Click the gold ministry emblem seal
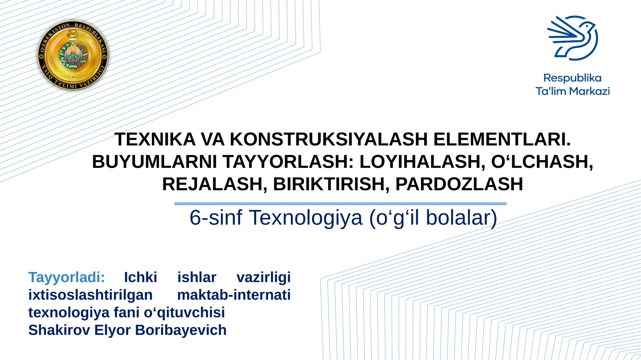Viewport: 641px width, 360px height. (x=73, y=55)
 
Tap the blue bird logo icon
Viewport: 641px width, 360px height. (x=573, y=38)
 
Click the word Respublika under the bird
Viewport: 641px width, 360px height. (x=572, y=78)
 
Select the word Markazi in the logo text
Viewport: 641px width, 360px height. (x=589, y=91)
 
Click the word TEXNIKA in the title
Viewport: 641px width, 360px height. (x=155, y=139)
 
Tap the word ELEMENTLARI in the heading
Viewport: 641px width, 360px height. (x=502, y=139)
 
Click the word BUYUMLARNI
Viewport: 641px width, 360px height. (x=154, y=162)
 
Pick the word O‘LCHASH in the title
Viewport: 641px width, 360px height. (x=542, y=162)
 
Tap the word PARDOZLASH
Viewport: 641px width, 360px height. (x=459, y=184)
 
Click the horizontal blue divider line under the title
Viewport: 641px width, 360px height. (x=340, y=204)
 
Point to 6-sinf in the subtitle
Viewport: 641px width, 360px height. (x=216, y=218)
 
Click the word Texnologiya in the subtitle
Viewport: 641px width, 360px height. (x=306, y=218)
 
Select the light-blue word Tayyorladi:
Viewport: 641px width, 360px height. (x=67, y=277)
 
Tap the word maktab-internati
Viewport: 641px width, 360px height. (x=234, y=295)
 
